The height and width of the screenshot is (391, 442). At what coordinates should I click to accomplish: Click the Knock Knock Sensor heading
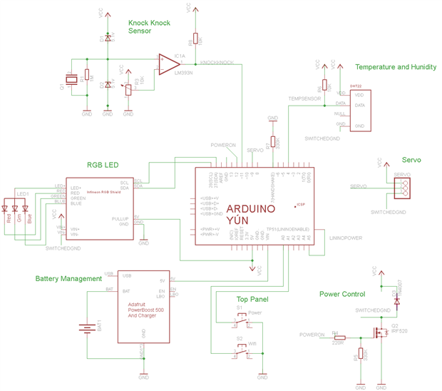click(149, 27)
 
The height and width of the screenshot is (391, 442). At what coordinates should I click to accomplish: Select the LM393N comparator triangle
click(168, 61)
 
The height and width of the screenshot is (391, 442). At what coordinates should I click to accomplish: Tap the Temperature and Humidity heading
click(395, 67)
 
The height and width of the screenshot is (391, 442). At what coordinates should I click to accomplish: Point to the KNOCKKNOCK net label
click(217, 63)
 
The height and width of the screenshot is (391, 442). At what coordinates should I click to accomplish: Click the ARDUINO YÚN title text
click(250, 215)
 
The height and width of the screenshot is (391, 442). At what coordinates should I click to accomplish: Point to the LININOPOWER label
click(346, 238)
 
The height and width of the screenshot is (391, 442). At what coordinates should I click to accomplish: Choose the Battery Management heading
click(68, 279)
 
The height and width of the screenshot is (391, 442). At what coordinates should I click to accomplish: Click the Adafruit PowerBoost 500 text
click(147, 310)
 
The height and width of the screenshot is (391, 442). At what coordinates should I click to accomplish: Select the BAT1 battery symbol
click(87, 330)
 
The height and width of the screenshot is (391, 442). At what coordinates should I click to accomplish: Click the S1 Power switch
click(242, 322)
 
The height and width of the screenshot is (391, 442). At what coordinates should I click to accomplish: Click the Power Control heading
click(342, 294)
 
